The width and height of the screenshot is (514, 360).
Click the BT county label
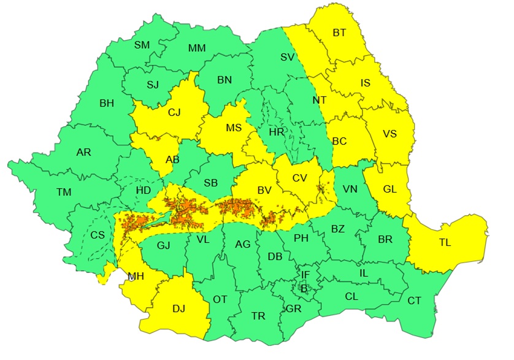pos(339,33)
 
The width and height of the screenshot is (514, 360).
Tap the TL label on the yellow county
pos(445,242)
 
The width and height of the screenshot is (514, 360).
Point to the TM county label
pos(64,192)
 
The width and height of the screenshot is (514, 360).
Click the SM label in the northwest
pos(142,45)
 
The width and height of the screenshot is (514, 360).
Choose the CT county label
pos(415,301)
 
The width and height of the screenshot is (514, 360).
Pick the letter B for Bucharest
pos(302,287)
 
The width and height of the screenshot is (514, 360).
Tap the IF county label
pos(305,274)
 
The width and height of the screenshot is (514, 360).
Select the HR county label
pos(277,132)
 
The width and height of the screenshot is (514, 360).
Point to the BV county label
pos(264,191)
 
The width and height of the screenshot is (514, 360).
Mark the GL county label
pos(389,189)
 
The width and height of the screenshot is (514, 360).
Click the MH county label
pos(136,276)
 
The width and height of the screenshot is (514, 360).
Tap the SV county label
pos(288,57)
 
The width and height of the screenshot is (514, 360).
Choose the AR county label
pos(83,152)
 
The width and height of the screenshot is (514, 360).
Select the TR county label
pos(258,316)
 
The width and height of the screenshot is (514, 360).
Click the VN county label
pos(350,189)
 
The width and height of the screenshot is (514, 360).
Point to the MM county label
pos(197,48)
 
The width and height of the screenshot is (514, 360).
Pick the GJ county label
pos(163,246)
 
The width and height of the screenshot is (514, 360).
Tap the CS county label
pos(98,235)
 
